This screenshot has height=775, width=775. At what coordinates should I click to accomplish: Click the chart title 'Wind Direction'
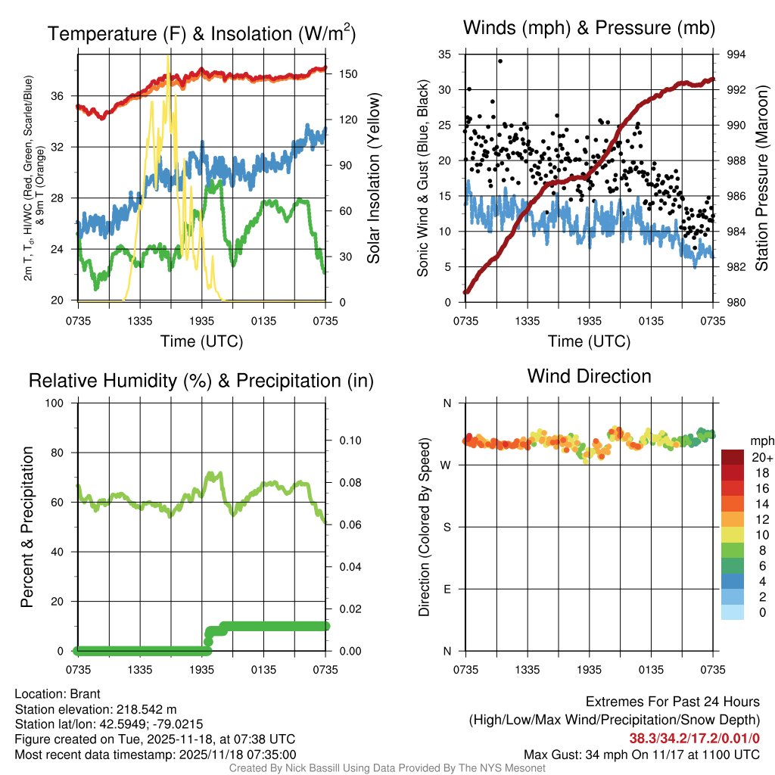coord(589,376)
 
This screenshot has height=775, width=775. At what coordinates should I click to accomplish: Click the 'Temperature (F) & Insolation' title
coord(201,34)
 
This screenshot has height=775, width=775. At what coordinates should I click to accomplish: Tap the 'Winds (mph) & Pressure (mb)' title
coord(589,29)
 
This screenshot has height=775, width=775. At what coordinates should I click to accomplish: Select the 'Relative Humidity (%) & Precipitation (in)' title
coord(201,381)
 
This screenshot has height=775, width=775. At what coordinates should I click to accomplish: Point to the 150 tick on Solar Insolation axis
coord(338,74)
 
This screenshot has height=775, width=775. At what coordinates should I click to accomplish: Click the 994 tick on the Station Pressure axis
coord(734,54)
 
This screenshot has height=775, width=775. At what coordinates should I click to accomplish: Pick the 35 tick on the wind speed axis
coord(445,54)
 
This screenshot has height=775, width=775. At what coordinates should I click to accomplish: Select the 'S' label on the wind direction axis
coord(447,528)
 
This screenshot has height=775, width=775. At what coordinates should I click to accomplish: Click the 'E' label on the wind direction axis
coord(447,589)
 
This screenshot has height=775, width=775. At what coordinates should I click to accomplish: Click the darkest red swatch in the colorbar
coord(732,457)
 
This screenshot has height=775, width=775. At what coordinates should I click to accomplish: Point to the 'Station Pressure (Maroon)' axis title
coord(761,179)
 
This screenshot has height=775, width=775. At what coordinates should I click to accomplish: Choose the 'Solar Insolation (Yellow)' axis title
coord(374,179)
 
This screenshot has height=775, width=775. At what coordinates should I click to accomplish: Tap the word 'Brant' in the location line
coord(85,694)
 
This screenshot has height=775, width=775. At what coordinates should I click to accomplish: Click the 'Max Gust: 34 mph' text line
coord(641,755)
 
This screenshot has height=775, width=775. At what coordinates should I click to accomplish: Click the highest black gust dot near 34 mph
coord(500,61)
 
